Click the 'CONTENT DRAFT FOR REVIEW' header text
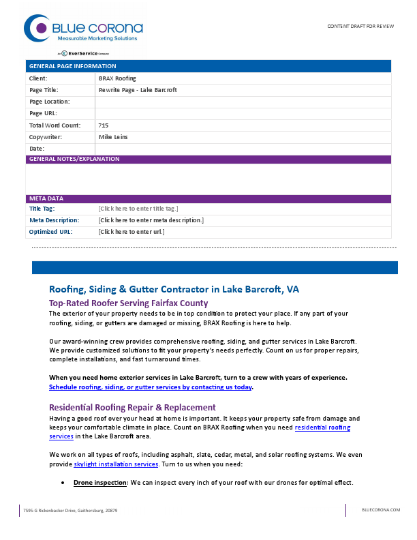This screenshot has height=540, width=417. (x=360, y=25)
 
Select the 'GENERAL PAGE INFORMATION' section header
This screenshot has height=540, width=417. (x=72, y=66)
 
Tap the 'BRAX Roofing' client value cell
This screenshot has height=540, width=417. (x=117, y=78)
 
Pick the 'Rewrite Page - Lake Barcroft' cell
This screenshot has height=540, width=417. (x=138, y=90)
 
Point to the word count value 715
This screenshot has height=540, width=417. (x=104, y=125)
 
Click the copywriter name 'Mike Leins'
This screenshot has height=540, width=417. (x=113, y=137)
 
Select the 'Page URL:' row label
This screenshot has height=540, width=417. (x=43, y=113)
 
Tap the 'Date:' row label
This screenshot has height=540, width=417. (x=37, y=149)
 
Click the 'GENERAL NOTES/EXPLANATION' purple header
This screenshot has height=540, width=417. (x=74, y=159)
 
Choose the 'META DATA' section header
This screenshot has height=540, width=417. (x=46, y=198)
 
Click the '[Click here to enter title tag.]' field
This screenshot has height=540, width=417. (x=138, y=209)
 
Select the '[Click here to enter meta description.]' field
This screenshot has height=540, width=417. (x=151, y=220)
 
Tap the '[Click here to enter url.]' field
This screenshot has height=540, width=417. (x=132, y=232)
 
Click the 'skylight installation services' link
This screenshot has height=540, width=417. (x=116, y=464)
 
